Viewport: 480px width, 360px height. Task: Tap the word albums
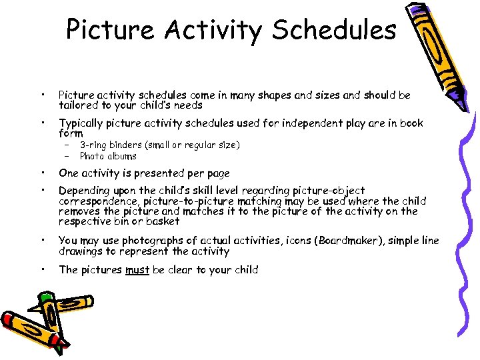click(x=121, y=156)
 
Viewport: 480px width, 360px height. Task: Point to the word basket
click(x=163, y=221)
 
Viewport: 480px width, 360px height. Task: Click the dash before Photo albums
click(x=67, y=156)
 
